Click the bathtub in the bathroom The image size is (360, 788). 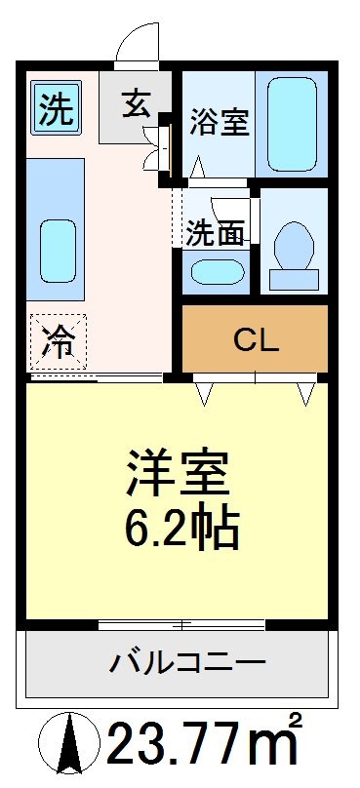(x=291, y=124)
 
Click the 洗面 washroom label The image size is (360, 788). (x=212, y=234)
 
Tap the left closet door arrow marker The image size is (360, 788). (x=205, y=392)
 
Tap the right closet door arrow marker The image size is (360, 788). (x=306, y=392)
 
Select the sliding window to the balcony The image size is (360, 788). (x=181, y=621)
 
